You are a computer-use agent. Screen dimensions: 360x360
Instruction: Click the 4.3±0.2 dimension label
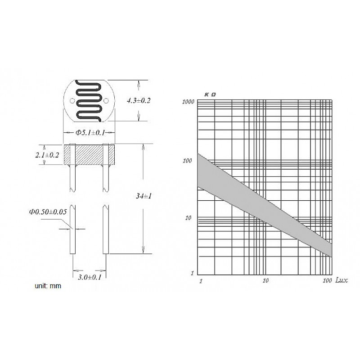pyautogui.click(x=139, y=101)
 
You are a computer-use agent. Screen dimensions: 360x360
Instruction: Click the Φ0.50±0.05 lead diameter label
pyautogui.click(x=48, y=211)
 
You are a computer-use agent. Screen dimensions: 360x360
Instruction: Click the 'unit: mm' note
pyautogui.click(x=48, y=286)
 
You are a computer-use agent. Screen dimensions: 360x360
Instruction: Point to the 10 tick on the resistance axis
pyautogui.click(x=189, y=218)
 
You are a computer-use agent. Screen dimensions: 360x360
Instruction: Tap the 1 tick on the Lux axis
pyautogui.click(x=200, y=281)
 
